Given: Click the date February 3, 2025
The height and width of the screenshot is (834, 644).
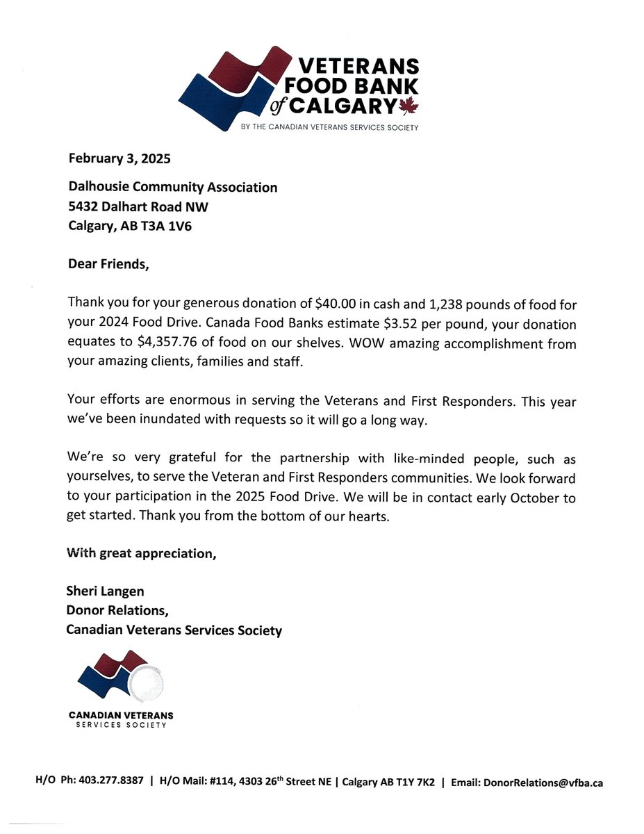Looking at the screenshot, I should pyautogui.click(x=119, y=158).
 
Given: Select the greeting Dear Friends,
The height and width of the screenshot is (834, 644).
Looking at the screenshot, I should pyautogui.click(x=108, y=264).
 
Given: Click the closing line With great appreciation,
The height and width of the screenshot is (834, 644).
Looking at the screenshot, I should pyautogui.click(x=140, y=554).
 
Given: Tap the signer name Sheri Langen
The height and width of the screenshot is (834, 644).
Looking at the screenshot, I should pyautogui.click(x=105, y=592).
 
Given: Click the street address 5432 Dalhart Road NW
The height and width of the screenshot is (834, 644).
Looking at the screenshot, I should pyautogui.click(x=138, y=206).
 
